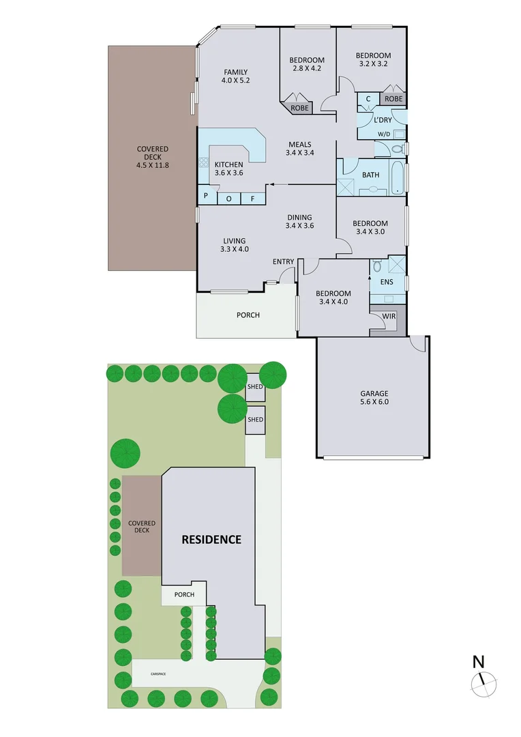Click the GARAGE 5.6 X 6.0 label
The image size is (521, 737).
coord(374,398)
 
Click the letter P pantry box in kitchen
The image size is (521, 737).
coord(205,199)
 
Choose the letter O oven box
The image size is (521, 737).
coord(228,199)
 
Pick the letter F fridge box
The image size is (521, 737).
coord(252,199)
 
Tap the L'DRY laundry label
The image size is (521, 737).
coord(383,120)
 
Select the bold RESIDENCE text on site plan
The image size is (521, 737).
coord(211,539)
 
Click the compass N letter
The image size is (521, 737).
coord(479,661)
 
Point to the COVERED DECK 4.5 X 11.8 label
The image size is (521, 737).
coord(153,156)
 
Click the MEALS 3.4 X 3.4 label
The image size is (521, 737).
coord(299,148)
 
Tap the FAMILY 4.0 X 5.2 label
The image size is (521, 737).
coord(235,76)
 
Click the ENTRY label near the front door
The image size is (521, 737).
coord(283,262)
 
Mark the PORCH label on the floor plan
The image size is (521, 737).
coord(248,315)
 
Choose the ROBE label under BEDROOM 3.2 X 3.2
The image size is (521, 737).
coord(393,99)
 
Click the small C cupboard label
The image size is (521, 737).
coord(368,99)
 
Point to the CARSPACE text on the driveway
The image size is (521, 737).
coord(158,674)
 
